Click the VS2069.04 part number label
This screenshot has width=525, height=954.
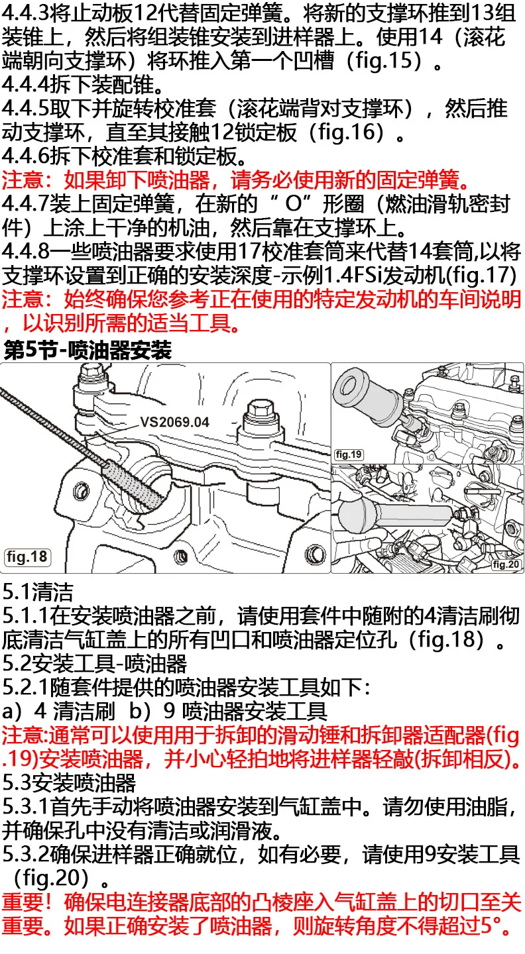(x=174, y=421)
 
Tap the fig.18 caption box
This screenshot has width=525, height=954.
(x=27, y=557)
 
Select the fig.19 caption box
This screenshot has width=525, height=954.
(x=349, y=454)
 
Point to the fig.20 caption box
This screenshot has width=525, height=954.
(x=506, y=564)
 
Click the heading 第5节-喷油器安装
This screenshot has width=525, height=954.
(x=88, y=350)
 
